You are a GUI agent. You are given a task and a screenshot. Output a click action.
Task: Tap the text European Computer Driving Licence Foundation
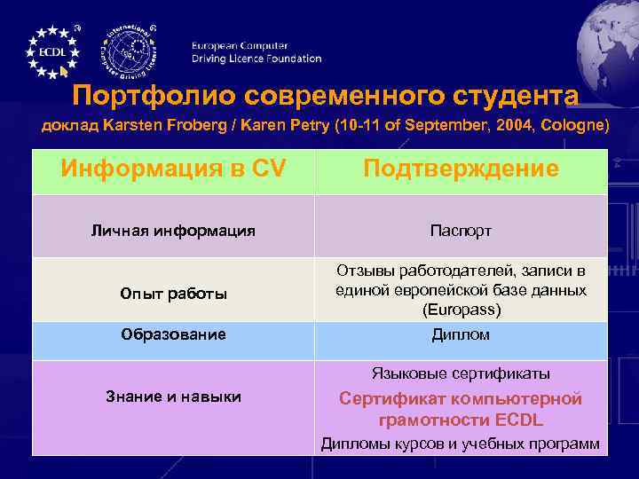(256, 52)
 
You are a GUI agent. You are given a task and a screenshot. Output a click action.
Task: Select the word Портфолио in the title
(150, 95)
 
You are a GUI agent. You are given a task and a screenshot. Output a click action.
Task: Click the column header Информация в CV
(173, 169)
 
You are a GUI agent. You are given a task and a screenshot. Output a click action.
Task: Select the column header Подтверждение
(460, 169)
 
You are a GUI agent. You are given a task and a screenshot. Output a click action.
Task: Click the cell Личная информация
(173, 231)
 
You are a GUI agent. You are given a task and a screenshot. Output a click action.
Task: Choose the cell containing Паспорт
(460, 231)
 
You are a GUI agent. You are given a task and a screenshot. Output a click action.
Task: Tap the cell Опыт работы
(173, 294)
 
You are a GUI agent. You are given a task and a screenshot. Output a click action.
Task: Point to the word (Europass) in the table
(460, 310)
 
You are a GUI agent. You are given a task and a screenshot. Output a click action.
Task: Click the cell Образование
(173, 334)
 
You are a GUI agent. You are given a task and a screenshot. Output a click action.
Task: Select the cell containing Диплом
(460, 334)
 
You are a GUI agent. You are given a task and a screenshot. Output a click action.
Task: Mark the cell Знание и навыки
(173, 397)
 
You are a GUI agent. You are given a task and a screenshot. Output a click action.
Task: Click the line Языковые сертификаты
(460, 373)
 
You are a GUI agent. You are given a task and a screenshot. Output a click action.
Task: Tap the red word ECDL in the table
(519, 420)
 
